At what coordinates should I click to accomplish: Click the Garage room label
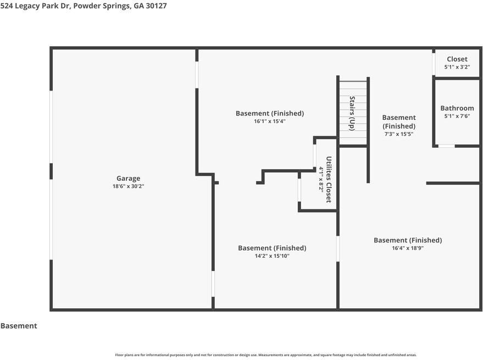pos(128,179)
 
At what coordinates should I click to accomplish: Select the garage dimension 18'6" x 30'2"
pos(128,186)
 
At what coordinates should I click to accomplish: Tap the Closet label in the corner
pos(457,59)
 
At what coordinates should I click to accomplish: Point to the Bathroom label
pos(457,108)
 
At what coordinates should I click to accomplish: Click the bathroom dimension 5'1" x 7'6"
pos(457,116)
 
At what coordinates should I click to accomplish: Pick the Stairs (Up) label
pos(352,113)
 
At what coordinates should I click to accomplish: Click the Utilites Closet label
pos(329,179)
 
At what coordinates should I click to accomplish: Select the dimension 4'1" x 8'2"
pos(321,179)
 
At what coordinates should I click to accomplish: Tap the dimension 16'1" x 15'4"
pos(270,121)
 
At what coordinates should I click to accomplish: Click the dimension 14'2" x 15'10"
pos(272,256)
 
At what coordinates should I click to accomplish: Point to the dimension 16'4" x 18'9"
pos(408,248)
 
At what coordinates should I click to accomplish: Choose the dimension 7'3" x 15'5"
pos(399,134)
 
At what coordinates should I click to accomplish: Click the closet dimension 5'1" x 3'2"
pos(457,67)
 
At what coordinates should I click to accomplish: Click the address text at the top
pos(84,6)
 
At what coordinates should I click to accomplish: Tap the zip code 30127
pos(156,6)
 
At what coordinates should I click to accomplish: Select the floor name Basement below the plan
pos(19,326)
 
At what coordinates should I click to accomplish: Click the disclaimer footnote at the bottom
pos(266,355)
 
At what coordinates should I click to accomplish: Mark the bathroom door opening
pos(446,146)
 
